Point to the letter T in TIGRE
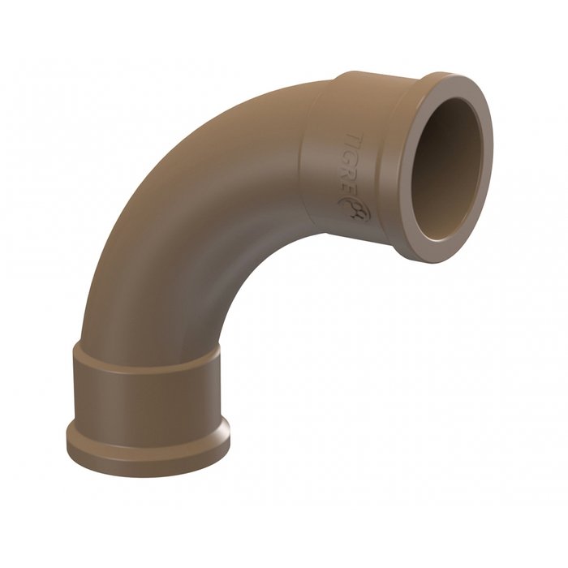(351, 140)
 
